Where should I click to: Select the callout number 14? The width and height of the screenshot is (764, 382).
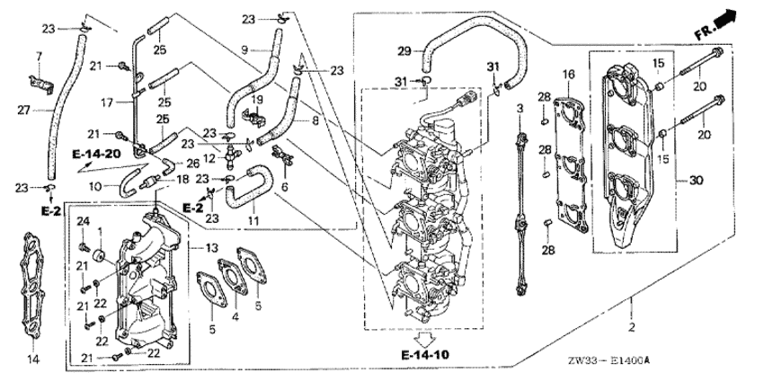click(x=33, y=360)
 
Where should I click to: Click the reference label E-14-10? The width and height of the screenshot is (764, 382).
click(x=425, y=355)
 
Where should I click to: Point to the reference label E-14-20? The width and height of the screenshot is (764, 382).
click(x=96, y=155)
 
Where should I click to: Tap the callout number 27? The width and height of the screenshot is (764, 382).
click(x=24, y=111)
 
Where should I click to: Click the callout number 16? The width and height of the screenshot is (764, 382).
click(x=569, y=74)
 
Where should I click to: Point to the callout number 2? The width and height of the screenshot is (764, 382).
click(x=632, y=327)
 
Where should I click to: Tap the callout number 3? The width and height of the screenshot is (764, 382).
click(x=520, y=108)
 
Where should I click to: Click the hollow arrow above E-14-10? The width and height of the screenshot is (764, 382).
click(x=424, y=340)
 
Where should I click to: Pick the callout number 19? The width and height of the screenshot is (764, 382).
click(x=257, y=100)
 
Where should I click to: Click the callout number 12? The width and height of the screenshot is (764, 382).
click(x=209, y=159)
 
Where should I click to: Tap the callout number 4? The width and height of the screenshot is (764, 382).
click(x=235, y=316)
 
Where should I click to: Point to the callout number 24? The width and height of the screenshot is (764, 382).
click(x=84, y=222)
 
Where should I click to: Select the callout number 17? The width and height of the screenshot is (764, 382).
click(x=107, y=102)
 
